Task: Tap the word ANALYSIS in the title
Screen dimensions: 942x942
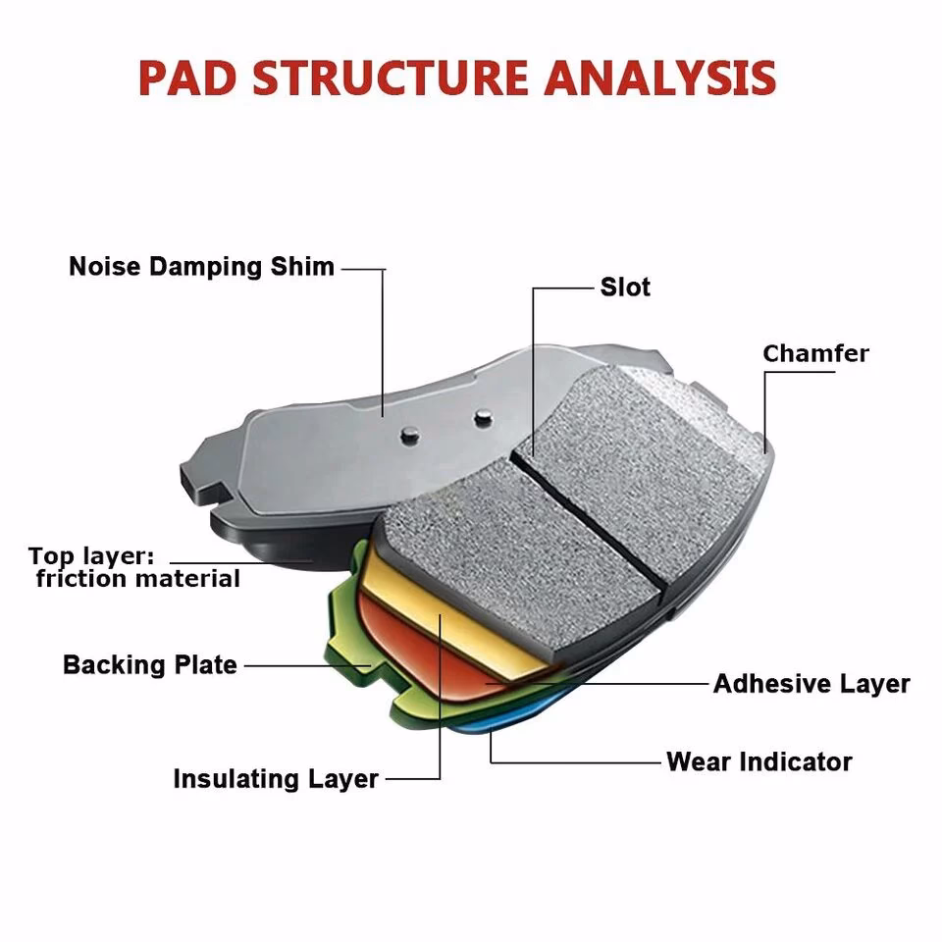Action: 660,78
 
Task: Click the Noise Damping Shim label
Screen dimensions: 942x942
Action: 201,267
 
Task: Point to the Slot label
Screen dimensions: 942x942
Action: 625,288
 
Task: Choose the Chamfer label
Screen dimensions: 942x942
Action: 815,353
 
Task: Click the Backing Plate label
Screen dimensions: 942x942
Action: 150,664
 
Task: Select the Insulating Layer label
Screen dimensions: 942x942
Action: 276,779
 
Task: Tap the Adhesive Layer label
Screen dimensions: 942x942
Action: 811,683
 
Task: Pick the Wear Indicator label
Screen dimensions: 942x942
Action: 759,761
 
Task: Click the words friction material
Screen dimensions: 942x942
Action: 137,579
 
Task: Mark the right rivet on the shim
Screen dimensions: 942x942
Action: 481,417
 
